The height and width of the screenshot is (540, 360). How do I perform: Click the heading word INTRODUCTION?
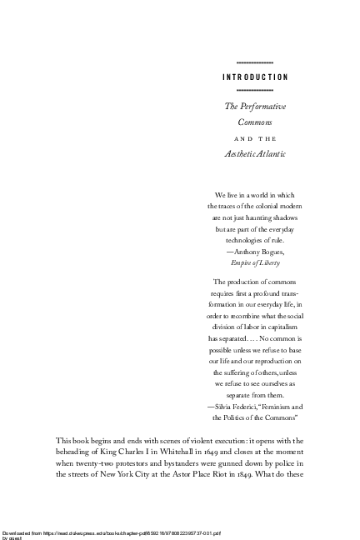(x=255, y=77)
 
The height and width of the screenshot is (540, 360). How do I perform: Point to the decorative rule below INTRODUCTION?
(x=255, y=89)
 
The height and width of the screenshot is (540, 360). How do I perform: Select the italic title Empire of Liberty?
(x=255, y=262)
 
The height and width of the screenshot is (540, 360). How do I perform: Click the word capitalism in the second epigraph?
(x=282, y=327)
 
